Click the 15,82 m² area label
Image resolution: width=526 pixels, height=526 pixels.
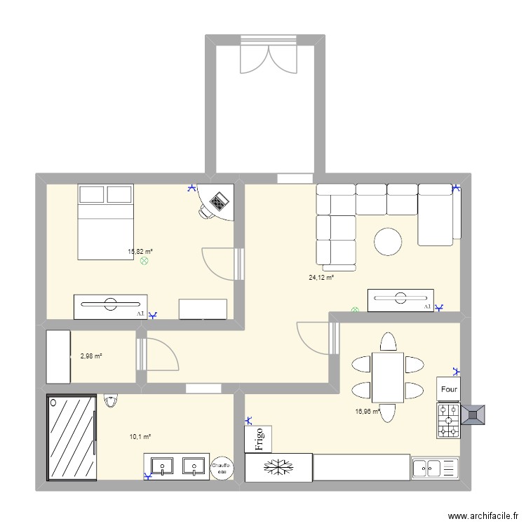pos(140,251)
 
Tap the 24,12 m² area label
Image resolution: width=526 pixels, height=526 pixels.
pos(321,278)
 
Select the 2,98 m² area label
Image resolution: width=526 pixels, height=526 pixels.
pos(91,356)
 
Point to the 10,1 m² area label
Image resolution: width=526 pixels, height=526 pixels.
pos(140,436)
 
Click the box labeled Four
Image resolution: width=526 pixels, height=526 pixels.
pos(448,388)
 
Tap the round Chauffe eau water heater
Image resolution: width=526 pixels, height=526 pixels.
pos(222,468)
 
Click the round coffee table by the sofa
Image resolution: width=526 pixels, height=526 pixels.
pos(388,241)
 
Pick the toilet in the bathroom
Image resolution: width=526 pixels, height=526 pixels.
pos(110,400)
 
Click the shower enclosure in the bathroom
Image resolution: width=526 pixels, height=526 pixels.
pos(71,438)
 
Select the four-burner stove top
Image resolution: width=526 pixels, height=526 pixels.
pos(447,421)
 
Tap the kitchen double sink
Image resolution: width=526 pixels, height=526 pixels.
pos(435,468)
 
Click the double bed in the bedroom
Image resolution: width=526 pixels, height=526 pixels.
pos(105,222)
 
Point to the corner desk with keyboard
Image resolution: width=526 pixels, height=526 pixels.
pos(217,202)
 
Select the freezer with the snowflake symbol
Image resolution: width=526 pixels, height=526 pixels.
pos(278,467)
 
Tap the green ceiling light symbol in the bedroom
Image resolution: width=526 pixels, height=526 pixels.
pos(145,261)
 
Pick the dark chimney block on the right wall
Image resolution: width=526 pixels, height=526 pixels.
pos(474,414)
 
